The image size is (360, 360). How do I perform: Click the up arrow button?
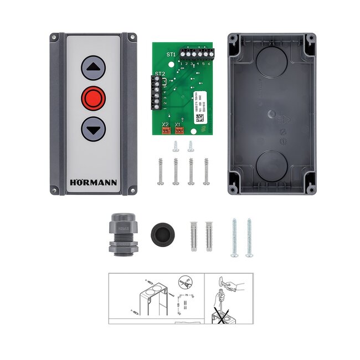pos(93,69)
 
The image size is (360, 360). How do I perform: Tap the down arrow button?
pos(93,131)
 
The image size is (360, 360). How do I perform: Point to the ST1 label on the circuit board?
pos(171,54)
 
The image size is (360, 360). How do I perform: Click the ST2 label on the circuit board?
pos(160,74)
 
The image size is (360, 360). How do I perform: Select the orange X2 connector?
pos(166,131)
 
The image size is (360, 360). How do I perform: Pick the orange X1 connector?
pos(178,131)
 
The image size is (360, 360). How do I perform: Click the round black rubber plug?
pos(161,230)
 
